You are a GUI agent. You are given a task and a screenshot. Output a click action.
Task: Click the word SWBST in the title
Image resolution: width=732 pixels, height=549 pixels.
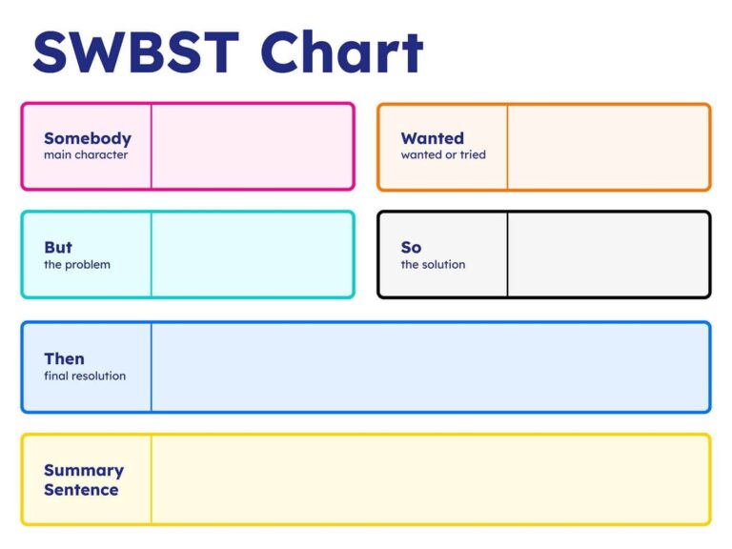(137, 52)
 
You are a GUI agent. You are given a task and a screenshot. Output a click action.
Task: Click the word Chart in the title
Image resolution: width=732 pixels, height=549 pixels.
(342, 52)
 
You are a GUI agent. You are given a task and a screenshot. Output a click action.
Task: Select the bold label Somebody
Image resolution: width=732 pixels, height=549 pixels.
(88, 138)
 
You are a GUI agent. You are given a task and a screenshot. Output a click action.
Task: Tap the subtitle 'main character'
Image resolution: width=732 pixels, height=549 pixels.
(86, 154)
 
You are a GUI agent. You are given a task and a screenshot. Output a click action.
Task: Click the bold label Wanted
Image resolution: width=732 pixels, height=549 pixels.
(433, 138)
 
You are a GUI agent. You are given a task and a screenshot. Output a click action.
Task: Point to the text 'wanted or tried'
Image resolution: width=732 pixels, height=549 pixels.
(443, 154)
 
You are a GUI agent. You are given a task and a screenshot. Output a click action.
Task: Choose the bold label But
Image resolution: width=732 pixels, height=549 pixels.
(58, 248)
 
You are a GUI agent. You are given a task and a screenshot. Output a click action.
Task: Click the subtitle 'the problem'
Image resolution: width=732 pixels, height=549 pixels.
(77, 264)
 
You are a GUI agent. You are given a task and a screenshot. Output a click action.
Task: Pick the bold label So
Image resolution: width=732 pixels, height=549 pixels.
(411, 248)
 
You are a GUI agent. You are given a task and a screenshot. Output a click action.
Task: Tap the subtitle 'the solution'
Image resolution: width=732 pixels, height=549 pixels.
(433, 264)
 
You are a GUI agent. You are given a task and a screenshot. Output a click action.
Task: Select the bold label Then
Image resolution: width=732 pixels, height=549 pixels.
(64, 358)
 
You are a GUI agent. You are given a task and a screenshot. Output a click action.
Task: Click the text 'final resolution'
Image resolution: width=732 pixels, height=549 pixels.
(85, 376)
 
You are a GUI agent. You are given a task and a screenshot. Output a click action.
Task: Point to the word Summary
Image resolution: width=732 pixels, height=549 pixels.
(84, 470)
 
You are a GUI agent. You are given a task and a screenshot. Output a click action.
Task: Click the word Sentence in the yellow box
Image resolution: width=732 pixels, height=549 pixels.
(81, 490)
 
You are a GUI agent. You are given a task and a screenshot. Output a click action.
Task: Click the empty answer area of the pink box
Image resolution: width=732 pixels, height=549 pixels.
(252, 146)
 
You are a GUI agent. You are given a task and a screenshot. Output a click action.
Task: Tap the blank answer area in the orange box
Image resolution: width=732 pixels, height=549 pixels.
(608, 146)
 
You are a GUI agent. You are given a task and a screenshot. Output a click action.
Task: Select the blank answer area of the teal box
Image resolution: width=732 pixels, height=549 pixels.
(252, 254)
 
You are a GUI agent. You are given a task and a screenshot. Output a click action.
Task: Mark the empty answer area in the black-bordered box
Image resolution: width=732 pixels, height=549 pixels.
(608, 254)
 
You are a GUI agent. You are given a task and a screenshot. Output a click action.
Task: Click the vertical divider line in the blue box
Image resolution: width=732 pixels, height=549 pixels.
(151, 367)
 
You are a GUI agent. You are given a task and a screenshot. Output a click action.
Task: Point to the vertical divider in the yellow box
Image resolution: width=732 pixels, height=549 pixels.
(151, 479)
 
